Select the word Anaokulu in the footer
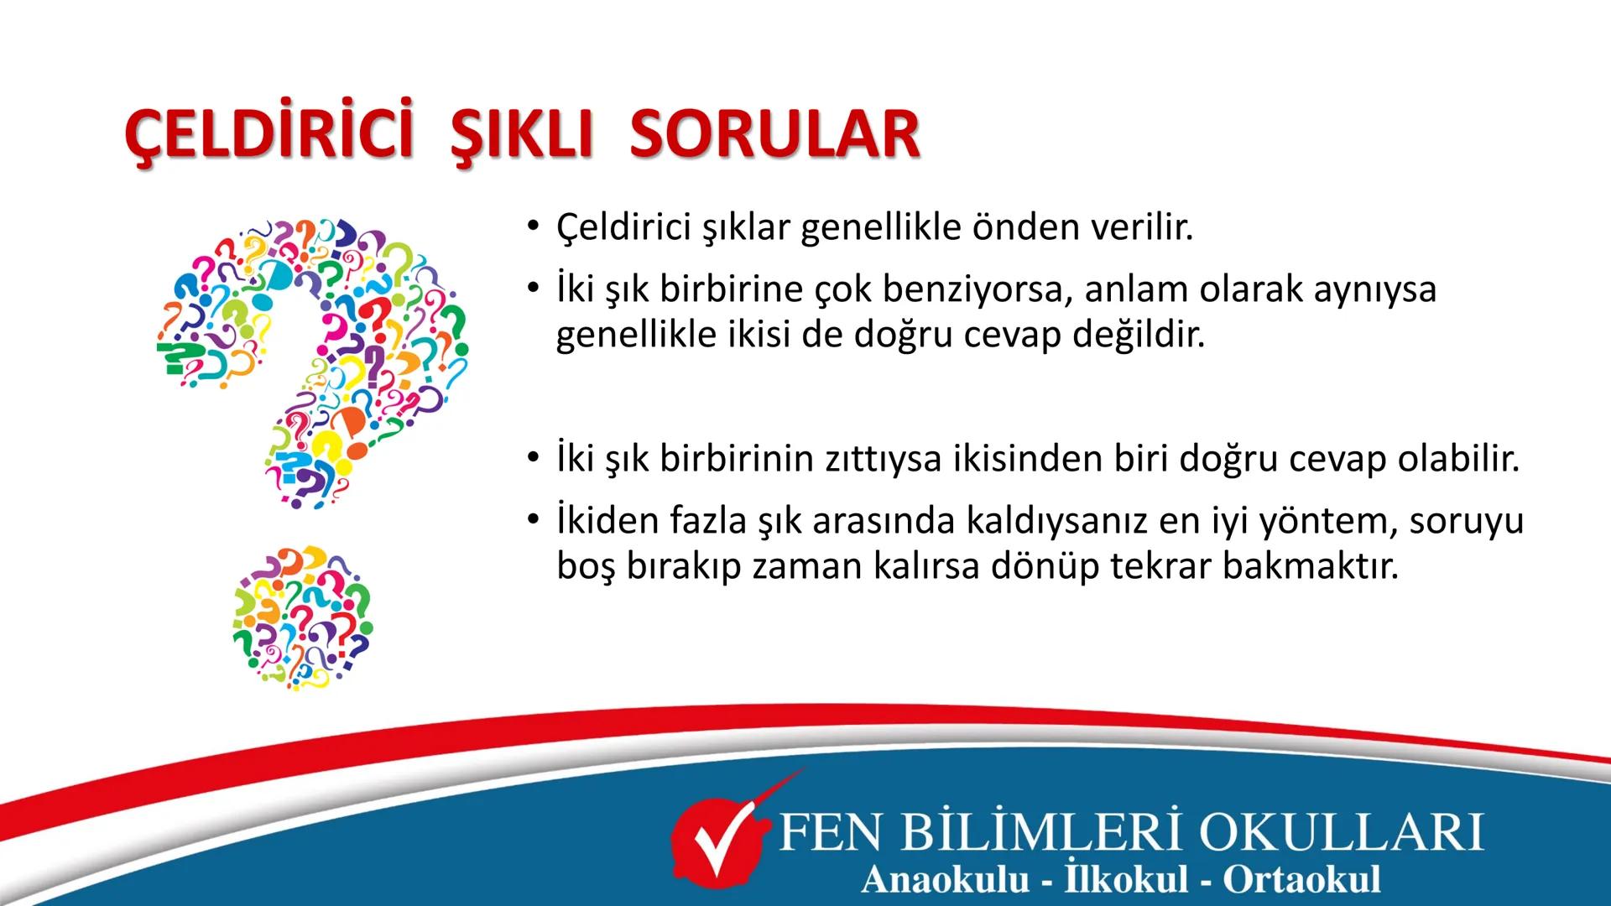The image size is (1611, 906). (944, 879)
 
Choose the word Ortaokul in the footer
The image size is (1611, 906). (1301, 879)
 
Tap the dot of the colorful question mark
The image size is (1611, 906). (302, 618)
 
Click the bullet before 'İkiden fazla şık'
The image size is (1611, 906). (531, 521)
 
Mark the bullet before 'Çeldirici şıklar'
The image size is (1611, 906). (531, 227)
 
